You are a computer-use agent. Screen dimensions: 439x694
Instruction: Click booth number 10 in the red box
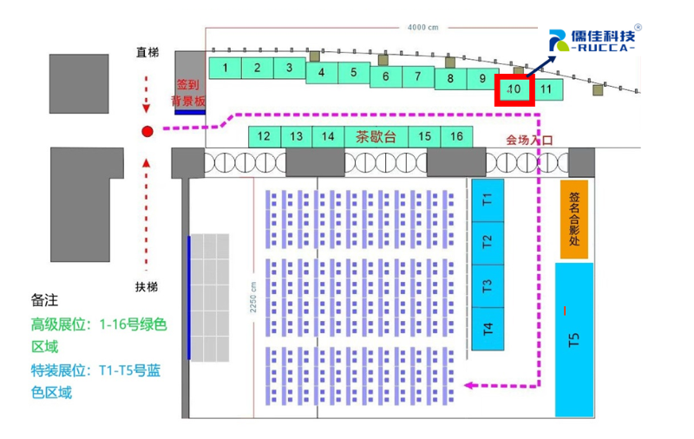pyautogui.click(x=514, y=88)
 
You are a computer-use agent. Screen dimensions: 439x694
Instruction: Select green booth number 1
pyautogui.click(x=225, y=68)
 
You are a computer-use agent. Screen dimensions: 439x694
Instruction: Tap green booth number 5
pyautogui.click(x=354, y=73)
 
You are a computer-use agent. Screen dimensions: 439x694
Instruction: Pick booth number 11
pyautogui.click(x=546, y=88)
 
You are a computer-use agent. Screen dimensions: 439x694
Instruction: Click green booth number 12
pyautogui.click(x=265, y=136)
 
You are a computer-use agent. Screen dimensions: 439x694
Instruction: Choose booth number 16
pyautogui.click(x=456, y=136)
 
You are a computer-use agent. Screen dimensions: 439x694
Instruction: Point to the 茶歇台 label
pyautogui.click(x=376, y=136)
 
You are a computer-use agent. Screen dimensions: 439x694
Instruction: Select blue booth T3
pyautogui.click(x=488, y=285)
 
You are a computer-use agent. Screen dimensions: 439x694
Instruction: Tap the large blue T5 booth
pyautogui.click(x=573, y=339)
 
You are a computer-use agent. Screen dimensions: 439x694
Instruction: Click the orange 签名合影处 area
pyautogui.click(x=574, y=219)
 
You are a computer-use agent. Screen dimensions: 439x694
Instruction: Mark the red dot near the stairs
pyautogui.click(x=147, y=131)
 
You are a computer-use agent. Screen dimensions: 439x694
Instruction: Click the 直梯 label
pyautogui.click(x=147, y=53)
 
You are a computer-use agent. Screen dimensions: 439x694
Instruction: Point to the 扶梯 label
pyautogui.click(x=147, y=286)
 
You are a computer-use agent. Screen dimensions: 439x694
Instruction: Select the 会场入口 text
pyautogui.click(x=529, y=140)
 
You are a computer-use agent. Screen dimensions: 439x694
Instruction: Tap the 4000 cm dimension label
pyautogui.click(x=422, y=27)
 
